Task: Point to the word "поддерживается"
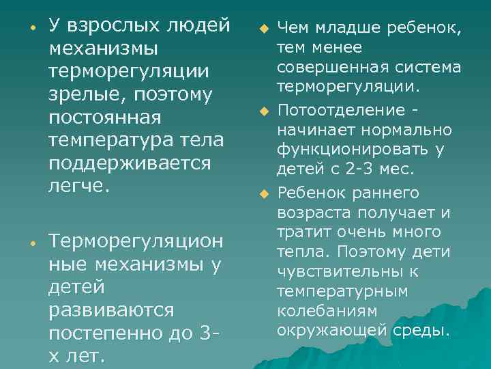[130, 163]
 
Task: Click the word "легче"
[76, 186]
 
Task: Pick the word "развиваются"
[111, 310]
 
